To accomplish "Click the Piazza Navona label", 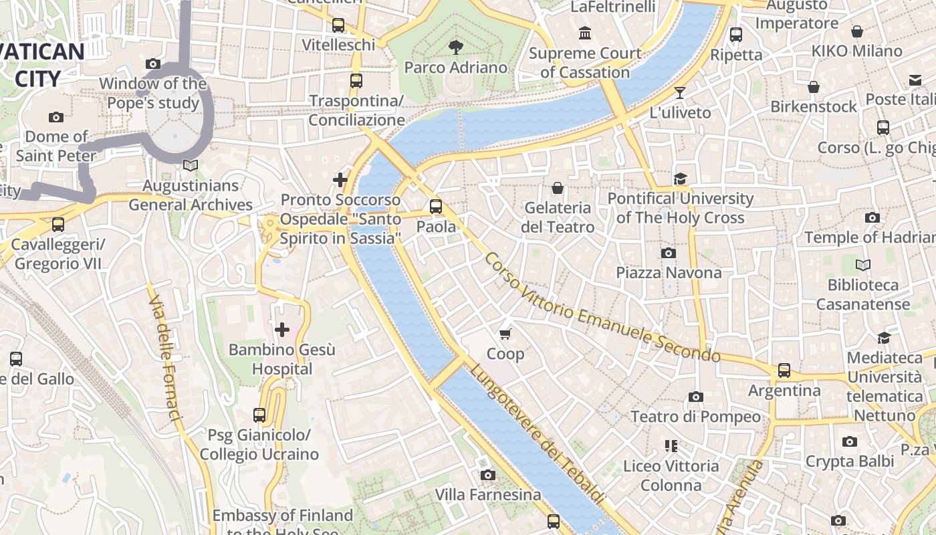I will (x=669, y=272).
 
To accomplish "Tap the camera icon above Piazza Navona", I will (x=668, y=253).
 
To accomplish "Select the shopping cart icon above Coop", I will (x=505, y=334).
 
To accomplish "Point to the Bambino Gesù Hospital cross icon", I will (x=282, y=329).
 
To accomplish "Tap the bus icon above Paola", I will (x=436, y=207).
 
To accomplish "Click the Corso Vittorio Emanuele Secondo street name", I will (x=602, y=308).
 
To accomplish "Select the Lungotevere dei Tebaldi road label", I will (x=535, y=435).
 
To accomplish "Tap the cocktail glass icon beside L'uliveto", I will (x=680, y=93).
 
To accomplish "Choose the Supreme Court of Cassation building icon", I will (x=586, y=33).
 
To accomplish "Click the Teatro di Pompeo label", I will (x=695, y=417).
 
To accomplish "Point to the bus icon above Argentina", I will (x=784, y=370).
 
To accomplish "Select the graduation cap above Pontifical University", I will (x=680, y=179).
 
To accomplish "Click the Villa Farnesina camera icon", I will (x=488, y=475).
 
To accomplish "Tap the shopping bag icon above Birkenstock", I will (x=814, y=87).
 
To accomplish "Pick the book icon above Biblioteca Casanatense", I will (x=863, y=265).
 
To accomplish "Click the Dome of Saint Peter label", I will (x=56, y=146).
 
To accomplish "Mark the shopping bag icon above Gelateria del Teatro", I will (x=557, y=188).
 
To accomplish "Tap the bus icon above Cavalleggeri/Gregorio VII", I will (x=58, y=225).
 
